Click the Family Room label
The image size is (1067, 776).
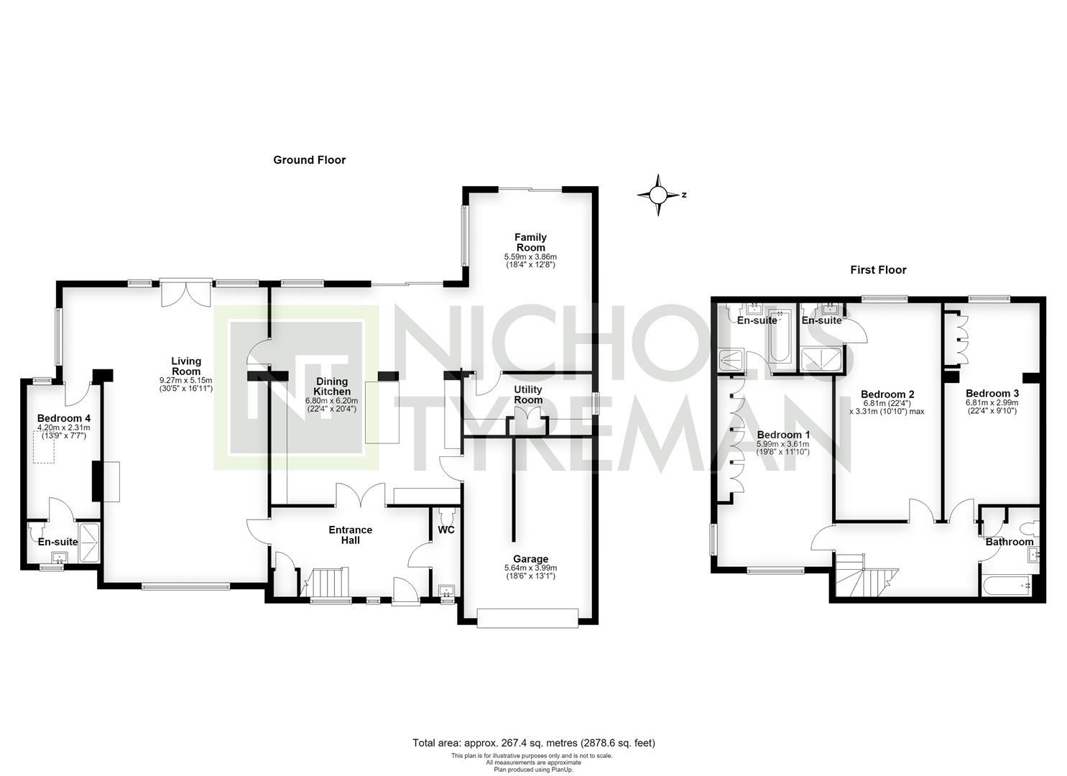tap(530, 242)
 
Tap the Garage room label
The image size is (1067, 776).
tap(530, 559)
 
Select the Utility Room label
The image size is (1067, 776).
tap(528, 394)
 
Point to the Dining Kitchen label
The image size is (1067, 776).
tap(332, 387)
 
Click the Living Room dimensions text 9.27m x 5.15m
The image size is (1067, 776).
tap(186, 381)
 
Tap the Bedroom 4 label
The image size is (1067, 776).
tap(64, 418)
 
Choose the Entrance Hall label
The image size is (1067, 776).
tap(350, 535)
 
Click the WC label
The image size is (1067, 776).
tap(446, 530)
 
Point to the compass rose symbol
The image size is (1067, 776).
tap(658, 195)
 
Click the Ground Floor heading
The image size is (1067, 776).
tap(309, 160)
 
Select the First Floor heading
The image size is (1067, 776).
tap(878, 270)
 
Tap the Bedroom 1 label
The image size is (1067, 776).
tap(783, 435)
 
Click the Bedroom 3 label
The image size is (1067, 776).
tap(992, 394)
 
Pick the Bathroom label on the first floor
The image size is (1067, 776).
tap(1010, 542)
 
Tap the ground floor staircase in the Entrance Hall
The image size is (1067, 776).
tap(325, 582)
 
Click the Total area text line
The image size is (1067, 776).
tap(533, 743)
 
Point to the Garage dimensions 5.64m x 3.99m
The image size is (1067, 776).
tap(530, 568)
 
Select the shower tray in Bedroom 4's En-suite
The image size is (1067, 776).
tap(88, 543)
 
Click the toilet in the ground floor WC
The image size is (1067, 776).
tap(446, 514)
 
